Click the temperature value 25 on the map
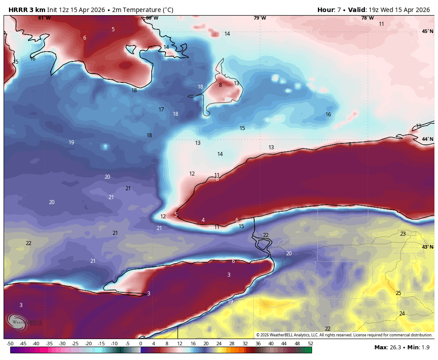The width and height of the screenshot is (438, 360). [x=398, y=293]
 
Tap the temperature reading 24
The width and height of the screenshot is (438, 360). [x=402, y=314]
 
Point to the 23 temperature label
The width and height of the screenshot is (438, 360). [x=403, y=234]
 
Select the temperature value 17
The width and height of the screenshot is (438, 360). [x=162, y=110]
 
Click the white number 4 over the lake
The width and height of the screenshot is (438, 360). [x=203, y=220]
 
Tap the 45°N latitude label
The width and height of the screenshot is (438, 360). [x=427, y=31]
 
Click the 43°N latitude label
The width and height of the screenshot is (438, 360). [x=427, y=247]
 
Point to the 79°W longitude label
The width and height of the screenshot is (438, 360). [x=260, y=18]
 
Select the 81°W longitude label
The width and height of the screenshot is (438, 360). [x=44, y=18]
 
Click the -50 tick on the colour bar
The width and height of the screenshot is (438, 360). [x=10, y=344]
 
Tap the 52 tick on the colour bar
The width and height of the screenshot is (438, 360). [x=310, y=344]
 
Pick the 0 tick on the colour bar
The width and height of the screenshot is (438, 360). [x=141, y=344]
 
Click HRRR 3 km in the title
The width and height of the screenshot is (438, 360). [x=27, y=10]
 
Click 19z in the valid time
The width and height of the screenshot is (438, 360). [x=376, y=10]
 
